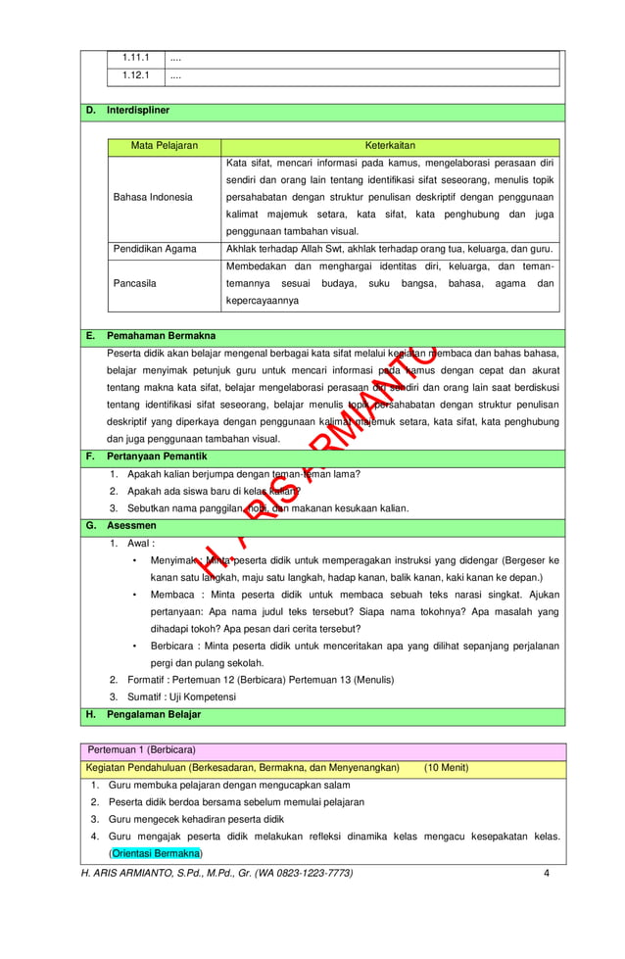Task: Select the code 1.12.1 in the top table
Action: point(134,75)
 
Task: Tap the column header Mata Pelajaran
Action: point(165,145)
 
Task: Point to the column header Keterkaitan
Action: point(390,145)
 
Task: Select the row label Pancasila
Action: point(137,284)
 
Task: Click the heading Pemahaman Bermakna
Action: point(162,336)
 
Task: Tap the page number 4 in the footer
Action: point(546,872)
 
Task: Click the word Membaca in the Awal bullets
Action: point(173,594)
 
